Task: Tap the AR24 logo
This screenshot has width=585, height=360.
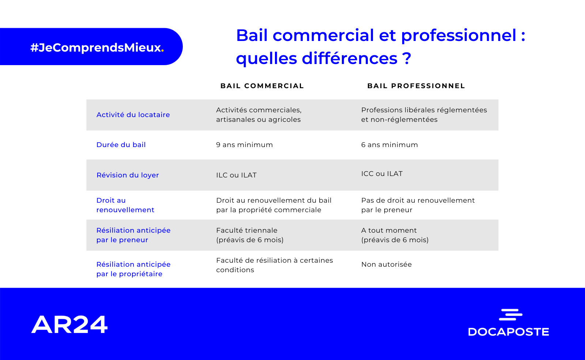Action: tap(69, 325)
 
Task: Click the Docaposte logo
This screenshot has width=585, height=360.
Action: tap(509, 322)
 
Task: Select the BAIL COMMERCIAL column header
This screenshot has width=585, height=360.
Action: tap(262, 86)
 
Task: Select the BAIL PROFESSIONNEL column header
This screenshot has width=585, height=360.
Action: tap(416, 86)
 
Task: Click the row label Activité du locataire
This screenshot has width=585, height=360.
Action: tap(133, 115)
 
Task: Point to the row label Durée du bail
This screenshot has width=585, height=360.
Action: tap(121, 145)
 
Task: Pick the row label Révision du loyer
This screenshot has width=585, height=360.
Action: tap(128, 175)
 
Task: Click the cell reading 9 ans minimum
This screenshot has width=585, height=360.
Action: tap(245, 145)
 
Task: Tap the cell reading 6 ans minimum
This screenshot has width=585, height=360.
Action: tap(389, 145)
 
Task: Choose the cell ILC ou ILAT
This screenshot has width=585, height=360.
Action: tap(236, 175)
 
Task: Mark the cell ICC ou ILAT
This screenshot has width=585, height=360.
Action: tap(382, 174)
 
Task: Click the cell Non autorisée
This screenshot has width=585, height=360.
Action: tap(386, 265)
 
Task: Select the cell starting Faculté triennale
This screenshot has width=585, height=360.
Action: tap(250, 235)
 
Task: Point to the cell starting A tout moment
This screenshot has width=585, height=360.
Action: tap(395, 235)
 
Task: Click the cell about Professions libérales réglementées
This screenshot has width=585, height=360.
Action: tap(424, 115)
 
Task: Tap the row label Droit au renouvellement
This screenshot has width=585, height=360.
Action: tap(125, 205)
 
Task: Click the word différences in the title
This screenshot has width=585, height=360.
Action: tap(350, 58)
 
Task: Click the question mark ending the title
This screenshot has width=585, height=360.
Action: tap(407, 59)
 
